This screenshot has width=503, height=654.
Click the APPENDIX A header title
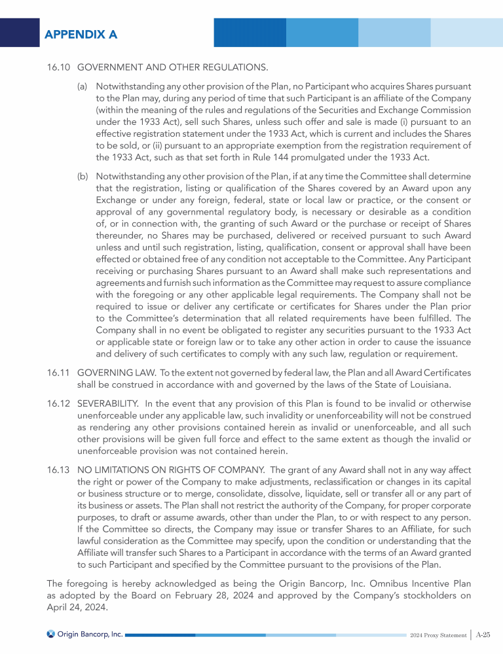81,35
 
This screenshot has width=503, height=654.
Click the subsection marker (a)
83,86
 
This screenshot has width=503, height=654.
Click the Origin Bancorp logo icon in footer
50,634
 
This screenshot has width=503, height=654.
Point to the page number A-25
484,634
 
